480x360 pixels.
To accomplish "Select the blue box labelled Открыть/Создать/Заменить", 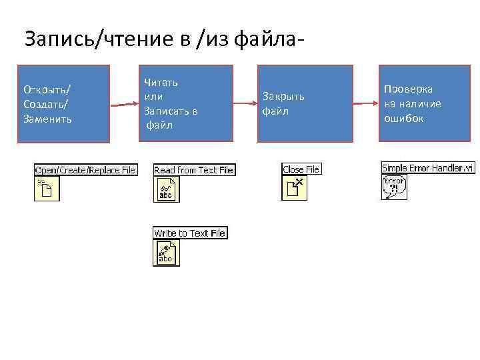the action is point(63,103).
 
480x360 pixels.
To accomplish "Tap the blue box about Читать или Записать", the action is point(186,103).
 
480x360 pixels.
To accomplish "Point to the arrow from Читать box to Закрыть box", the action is point(245,103).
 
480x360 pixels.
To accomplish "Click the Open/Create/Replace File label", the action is point(85,170).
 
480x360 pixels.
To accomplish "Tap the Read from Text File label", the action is point(193,170).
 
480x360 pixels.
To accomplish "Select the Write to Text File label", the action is point(190,233).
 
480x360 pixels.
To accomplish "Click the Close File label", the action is point(301,169).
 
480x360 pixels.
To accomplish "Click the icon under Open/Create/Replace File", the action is point(47,189).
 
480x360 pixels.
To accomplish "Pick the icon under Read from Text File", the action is point(166,189).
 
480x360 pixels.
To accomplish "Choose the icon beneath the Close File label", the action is point(294,188).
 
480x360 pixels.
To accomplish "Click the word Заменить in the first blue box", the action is point(48,119).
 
